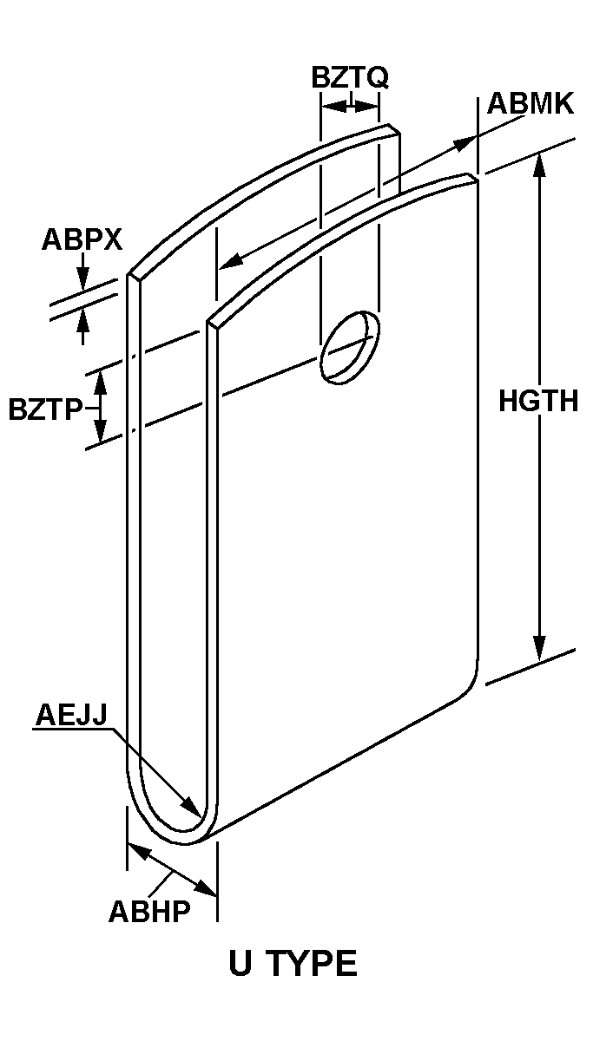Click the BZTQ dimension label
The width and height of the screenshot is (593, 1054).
pos(350,77)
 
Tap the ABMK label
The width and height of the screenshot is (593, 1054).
pos(530,103)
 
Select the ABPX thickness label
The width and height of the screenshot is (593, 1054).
pos(82,239)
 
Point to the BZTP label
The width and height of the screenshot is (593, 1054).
pos(45,409)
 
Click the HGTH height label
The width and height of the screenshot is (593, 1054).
pos(538,401)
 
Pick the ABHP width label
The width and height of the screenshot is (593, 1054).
pos(149,911)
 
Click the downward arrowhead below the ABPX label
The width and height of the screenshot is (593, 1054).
pos(82,278)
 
